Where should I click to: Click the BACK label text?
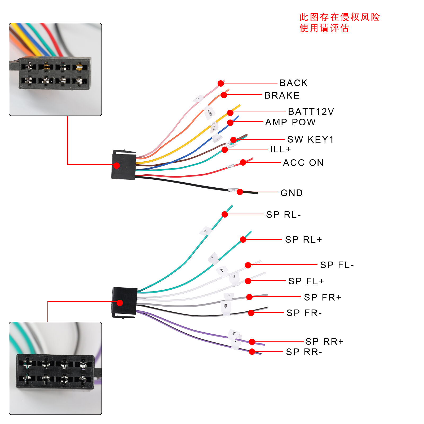(x=294, y=83)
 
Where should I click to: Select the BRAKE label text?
(x=282, y=95)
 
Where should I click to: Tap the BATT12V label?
(x=311, y=112)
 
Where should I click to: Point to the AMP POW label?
(x=290, y=122)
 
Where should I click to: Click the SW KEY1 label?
(x=310, y=139)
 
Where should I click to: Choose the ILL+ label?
(x=280, y=149)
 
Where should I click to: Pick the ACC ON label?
(x=303, y=163)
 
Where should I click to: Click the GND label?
(x=291, y=193)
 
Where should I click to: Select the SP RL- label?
(x=283, y=215)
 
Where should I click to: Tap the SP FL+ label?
(x=306, y=281)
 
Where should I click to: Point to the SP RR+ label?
(x=324, y=342)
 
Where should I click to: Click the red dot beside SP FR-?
(x=251, y=313)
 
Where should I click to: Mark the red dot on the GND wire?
(x=240, y=192)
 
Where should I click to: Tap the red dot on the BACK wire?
(x=221, y=83)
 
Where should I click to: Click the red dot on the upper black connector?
(x=117, y=166)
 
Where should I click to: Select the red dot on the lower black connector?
(x=120, y=303)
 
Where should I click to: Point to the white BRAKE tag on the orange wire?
(x=210, y=112)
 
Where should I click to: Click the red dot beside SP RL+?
(x=243, y=240)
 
